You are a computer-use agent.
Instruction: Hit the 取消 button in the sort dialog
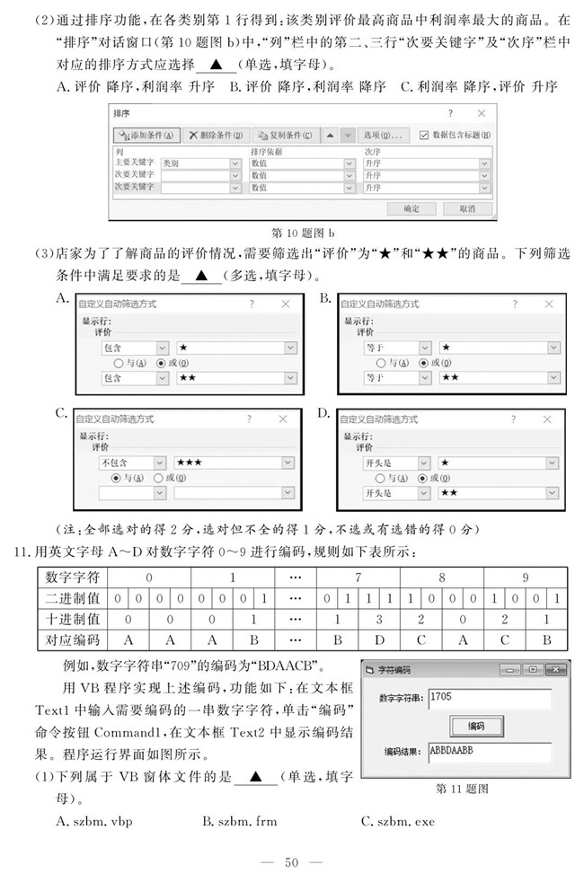[x=467, y=207]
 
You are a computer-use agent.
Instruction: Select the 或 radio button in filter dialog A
[x=161, y=363]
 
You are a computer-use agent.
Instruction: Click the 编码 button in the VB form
[x=477, y=725]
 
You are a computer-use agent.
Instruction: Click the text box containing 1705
[x=489, y=698]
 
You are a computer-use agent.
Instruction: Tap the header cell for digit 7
[x=358, y=577]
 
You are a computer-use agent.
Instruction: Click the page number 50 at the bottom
[x=291, y=862]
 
